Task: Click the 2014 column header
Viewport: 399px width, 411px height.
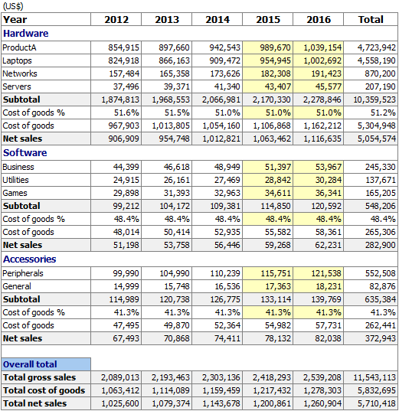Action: click(217, 20)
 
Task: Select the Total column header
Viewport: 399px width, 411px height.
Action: click(371, 20)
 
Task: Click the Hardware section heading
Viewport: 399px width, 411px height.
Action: click(26, 34)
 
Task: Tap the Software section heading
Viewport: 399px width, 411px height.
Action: click(25, 153)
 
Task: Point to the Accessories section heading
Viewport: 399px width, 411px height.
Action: click(29, 259)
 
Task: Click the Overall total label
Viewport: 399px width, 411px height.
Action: click(30, 364)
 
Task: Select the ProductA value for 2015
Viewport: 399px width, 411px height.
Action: click(275, 47)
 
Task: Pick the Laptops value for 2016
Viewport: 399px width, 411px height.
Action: click(322, 60)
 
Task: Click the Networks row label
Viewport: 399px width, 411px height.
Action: click(20, 73)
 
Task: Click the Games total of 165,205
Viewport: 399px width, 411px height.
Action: click(381, 193)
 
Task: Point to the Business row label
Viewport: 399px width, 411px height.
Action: click(18, 167)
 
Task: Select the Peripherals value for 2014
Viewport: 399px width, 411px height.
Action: click(225, 273)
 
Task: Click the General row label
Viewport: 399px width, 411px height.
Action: click(17, 286)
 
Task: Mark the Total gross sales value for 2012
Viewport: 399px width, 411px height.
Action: click(120, 377)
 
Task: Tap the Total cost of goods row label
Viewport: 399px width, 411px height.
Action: click(44, 390)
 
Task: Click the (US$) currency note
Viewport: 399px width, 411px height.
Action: click(13, 6)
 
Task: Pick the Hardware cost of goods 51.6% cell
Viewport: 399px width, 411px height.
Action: click(126, 113)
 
